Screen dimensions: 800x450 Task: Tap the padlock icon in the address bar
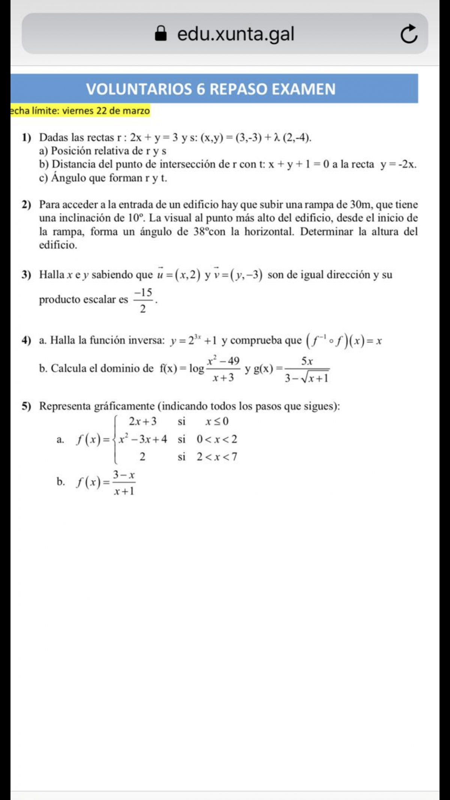pos(161,33)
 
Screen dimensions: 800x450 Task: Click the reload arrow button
pos(408,34)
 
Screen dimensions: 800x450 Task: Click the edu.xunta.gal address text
pos(235,34)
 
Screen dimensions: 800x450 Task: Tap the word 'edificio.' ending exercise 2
pos(58,245)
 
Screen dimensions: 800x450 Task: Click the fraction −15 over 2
pos(143,300)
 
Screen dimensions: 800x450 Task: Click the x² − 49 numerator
pos(223,361)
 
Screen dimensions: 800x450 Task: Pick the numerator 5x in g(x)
pos(307,361)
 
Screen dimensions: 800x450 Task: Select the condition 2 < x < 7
pos(217,457)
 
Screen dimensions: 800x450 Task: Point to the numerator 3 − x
pos(124,475)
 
